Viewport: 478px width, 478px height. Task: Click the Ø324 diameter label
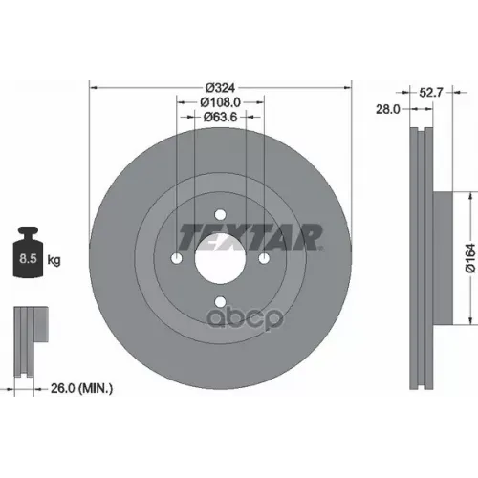220,86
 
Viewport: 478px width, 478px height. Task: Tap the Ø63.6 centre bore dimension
222,116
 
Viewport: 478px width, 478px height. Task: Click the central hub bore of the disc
221,258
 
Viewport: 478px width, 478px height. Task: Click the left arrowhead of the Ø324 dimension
92,86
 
